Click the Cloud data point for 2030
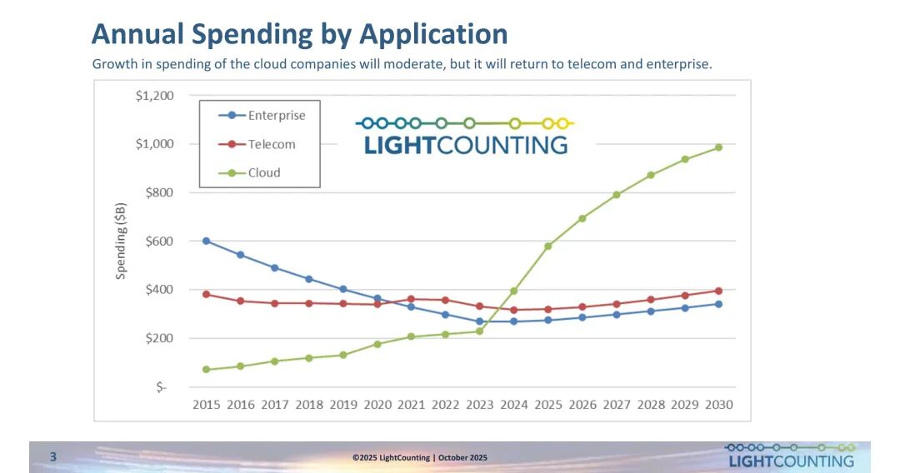point(718,147)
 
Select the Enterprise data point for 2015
point(206,241)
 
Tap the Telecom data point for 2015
point(206,294)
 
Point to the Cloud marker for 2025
point(547,246)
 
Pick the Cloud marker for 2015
point(206,369)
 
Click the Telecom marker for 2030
point(718,291)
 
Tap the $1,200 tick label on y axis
point(154,96)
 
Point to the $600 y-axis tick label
point(157,241)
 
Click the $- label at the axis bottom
point(162,387)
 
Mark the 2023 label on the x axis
point(480,405)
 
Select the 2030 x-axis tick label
point(718,405)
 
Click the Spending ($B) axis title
point(121,241)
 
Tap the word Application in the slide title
point(433,34)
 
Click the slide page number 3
point(53,456)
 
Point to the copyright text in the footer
point(420,457)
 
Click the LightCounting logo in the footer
point(790,456)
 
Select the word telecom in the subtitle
point(595,64)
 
